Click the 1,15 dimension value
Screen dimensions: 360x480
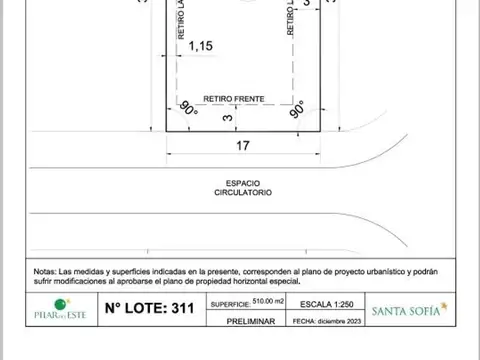pos(201,45)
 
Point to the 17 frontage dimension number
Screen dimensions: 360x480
pos(242,145)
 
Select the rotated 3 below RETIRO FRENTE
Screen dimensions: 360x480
pos(228,118)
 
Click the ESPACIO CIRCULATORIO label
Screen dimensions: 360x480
pos(242,187)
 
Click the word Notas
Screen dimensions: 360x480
pos(45,271)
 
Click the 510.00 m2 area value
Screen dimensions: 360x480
pos(276,300)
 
